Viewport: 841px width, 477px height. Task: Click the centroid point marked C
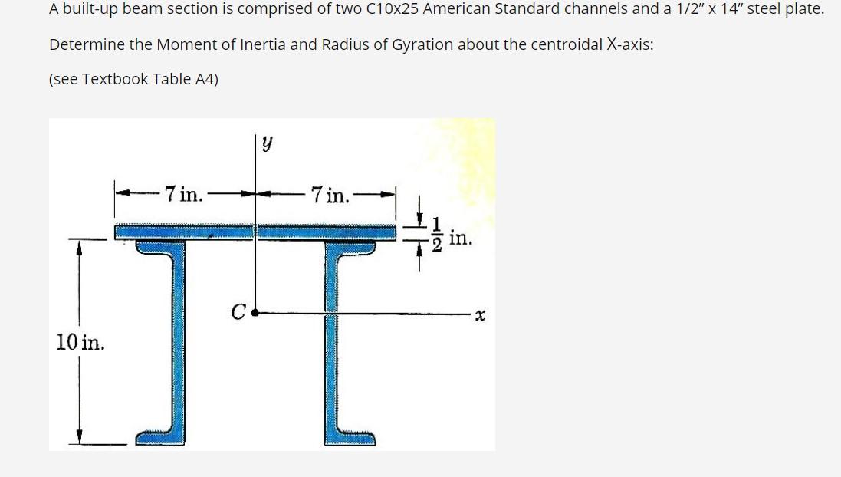pyautogui.click(x=255, y=313)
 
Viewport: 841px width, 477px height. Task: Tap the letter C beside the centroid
pyautogui.click(x=238, y=312)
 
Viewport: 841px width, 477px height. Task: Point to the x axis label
pyautogui.click(x=481, y=314)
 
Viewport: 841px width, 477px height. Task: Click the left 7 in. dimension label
pyautogui.click(x=184, y=194)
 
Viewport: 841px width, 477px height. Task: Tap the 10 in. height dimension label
pyautogui.click(x=80, y=342)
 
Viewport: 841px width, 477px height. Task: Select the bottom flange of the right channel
pyautogui.click(x=351, y=438)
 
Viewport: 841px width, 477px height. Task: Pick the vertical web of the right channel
pyautogui.click(x=333, y=337)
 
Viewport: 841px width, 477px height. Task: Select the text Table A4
pyautogui.click(x=184, y=79)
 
